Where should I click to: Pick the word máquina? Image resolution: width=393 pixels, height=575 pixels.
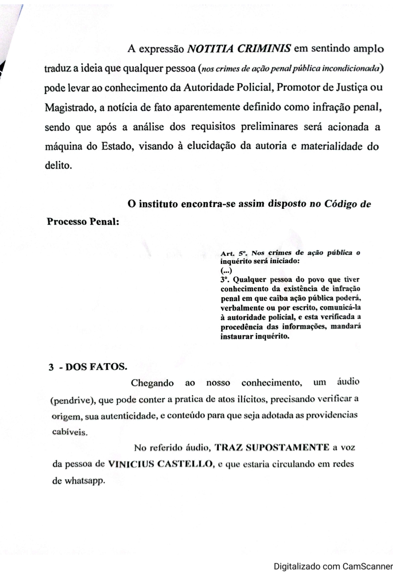(x=64, y=147)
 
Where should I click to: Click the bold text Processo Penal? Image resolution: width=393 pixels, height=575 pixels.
(x=83, y=222)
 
